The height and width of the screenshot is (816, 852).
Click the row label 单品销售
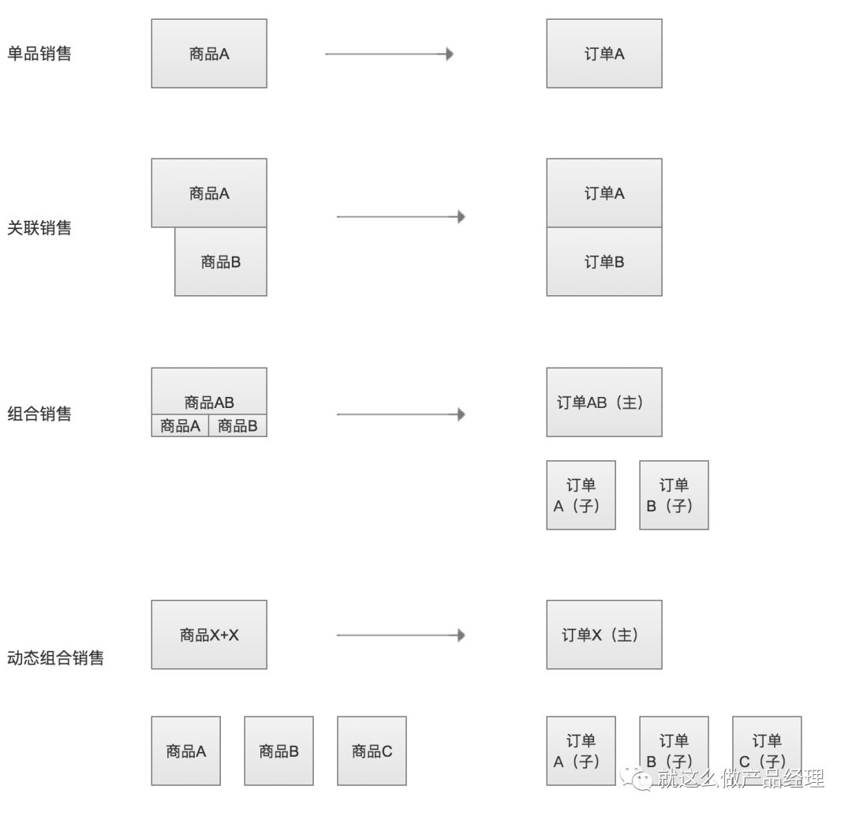pyautogui.click(x=39, y=54)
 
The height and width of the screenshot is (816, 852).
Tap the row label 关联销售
pyautogui.click(x=39, y=228)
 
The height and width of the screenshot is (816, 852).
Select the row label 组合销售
pyautogui.click(x=39, y=414)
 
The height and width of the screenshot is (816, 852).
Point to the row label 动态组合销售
pyautogui.click(x=55, y=657)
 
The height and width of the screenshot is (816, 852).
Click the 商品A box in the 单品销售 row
pyautogui.click(x=209, y=54)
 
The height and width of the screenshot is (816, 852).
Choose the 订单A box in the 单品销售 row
pyautogui.click(x=604, y=54)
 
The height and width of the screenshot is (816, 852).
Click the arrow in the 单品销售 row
pyautogui.click(x=389, y=54)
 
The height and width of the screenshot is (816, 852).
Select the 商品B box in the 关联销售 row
pyautogui.click(x=221, y=262)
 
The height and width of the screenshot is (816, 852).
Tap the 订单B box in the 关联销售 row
pyautogui.click(x=604, y=262)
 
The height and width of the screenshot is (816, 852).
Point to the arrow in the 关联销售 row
pyautogui.click(x=401, y=216)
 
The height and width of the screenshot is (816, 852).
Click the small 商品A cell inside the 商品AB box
pyautogui.click(x=180, y=426)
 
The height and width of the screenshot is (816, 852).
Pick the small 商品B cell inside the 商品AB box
pyautogui.click(x=237, y=426)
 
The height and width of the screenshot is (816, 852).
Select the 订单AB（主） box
pyautogui.click(x=604, y=402)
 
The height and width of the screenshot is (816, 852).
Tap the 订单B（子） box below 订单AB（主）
pyautogui.click(x=674, y=495)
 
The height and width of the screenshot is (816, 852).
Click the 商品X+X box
pyautogui.click(x=209, y=634)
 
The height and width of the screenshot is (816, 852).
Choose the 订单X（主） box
pyautogui.click(x=604, y=634)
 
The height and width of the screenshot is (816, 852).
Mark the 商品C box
pyautogui.click(x=372, y=751)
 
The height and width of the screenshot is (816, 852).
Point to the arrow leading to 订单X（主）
pyautogui.click(x=401, y=634)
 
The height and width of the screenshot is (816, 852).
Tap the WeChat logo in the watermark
pyautogui.click(x=641, y=779)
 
